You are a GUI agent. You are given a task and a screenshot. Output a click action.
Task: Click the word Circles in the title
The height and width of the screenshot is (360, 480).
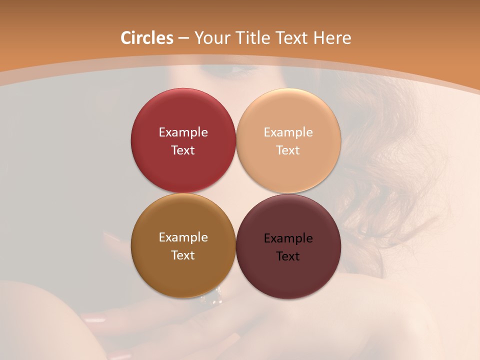[x=147, y=38]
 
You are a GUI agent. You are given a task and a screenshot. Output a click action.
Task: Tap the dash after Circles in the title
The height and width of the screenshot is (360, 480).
[x=183, y=38]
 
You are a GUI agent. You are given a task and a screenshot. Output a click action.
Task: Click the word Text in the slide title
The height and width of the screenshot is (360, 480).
[x=293, y=38]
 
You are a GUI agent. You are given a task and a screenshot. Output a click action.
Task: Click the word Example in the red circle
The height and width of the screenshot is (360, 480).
[x=183, y=132]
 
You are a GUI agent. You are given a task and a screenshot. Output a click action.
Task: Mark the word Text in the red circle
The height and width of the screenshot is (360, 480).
[x=183, y=150]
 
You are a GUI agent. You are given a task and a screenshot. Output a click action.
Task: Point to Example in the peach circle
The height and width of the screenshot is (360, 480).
[x=288, y=132]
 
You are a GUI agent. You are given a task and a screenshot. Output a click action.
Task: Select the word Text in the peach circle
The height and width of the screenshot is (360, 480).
[x=288, y=150]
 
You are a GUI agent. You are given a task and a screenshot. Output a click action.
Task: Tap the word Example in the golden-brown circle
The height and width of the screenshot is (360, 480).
[x=183, y=237]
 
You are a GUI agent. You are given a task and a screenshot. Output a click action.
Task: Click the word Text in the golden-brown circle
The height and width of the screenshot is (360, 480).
[x=183, y=255]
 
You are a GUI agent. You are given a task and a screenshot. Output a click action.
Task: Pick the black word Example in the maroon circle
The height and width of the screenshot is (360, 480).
[x=288, y=238]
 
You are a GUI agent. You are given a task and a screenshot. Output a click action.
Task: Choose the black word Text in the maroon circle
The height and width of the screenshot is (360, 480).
[x=288, y=256]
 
